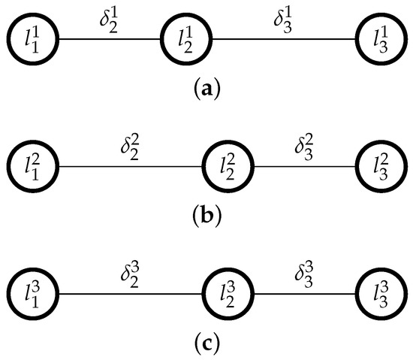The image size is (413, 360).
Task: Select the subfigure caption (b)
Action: [206, 220]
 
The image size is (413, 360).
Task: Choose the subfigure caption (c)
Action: [206, 346]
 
